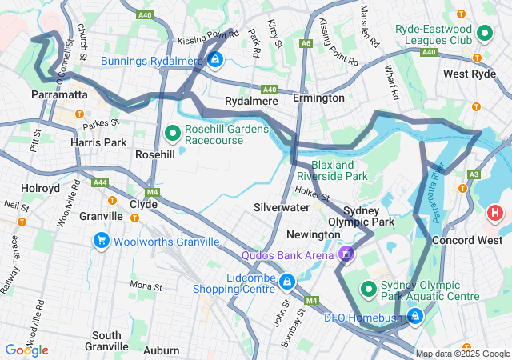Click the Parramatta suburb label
[x=58, y=94]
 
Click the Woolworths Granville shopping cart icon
[x=101, y=240]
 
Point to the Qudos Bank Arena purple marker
[x=346, y=255]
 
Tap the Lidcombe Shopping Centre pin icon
[x=286, y=281]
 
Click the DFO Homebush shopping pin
[x=414, y=316]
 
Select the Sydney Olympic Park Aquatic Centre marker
[x=370, y=288]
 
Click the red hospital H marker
[x=495, y=214]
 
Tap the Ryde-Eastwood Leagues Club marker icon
[x=484, y=34]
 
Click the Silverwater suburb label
[x=282, y=206]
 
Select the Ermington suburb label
[x=318, y=98]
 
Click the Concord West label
[x=466, y=240]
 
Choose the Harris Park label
[x=98, y=142]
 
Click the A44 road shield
[x=100, y=182]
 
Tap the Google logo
[x=26, y=350]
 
